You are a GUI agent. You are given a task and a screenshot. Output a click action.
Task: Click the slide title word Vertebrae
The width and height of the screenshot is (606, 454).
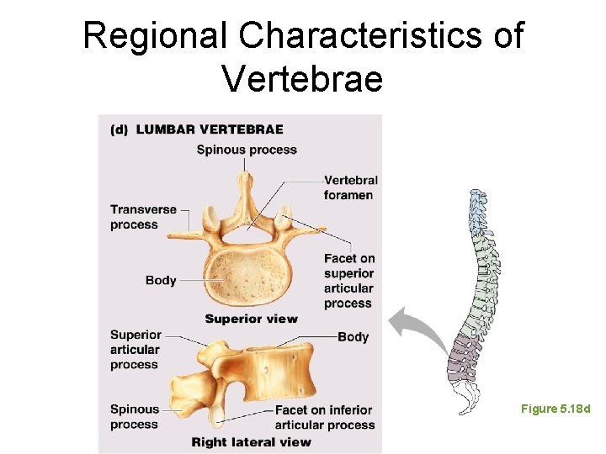[302, 79]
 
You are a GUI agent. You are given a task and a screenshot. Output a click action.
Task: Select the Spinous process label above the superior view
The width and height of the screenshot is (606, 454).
[247, 150]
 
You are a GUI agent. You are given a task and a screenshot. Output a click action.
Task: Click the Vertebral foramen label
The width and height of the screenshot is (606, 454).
[350, 187]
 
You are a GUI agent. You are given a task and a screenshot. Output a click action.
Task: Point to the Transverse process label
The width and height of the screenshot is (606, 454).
[143, 217]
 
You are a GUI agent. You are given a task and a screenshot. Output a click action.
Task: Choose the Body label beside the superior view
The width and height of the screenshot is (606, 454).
[161, 280]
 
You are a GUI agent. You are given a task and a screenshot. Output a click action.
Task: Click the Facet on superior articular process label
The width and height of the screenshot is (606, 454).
[349, 281]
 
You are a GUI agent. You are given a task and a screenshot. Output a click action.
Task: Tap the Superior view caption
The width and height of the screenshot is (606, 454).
[251, 319]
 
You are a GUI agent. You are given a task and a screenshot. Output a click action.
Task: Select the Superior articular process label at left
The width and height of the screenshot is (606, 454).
[135, 350]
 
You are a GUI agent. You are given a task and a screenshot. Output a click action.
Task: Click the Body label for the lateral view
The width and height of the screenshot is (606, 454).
[353, 337]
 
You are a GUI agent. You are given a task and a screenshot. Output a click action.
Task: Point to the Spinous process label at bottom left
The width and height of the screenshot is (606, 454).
[134, 417]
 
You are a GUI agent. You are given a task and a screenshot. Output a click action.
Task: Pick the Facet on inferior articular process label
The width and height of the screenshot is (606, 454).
[323, 417]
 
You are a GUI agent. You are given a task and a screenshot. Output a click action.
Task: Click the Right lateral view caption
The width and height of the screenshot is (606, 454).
[251, 441]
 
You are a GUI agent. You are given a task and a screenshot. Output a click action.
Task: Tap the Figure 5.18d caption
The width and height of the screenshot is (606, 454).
[555, 409]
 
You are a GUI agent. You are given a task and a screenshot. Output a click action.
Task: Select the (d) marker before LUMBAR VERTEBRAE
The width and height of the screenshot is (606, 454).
[120, 129]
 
